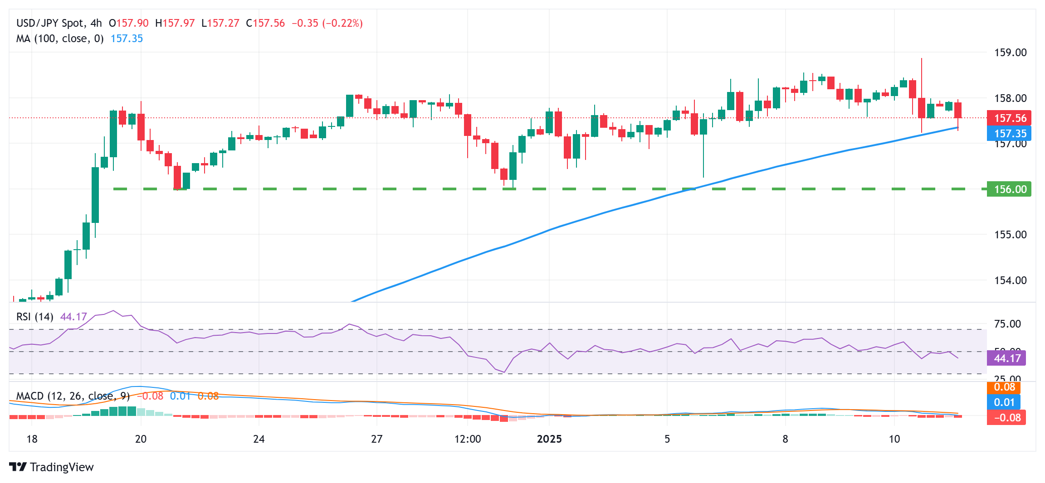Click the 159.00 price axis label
coord(1010,53)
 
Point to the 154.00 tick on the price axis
coord(1010,280)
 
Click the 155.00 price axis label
coord(1010,235)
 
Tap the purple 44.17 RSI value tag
coord(1006,358)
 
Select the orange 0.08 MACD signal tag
coord(1004,387)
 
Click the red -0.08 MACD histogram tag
coord(1006,418)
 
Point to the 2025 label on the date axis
coord(549,439)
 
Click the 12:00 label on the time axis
coord(468,439)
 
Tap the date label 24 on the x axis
coord(259,439)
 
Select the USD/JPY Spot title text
coord(50,23)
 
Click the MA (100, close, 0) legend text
coord(60,39)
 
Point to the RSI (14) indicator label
coord(35,317)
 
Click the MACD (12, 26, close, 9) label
coord(73,396)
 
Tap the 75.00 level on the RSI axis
coord(1007,324)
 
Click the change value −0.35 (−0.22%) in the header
coord(327,23)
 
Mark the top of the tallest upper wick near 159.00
coord(922,59)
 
